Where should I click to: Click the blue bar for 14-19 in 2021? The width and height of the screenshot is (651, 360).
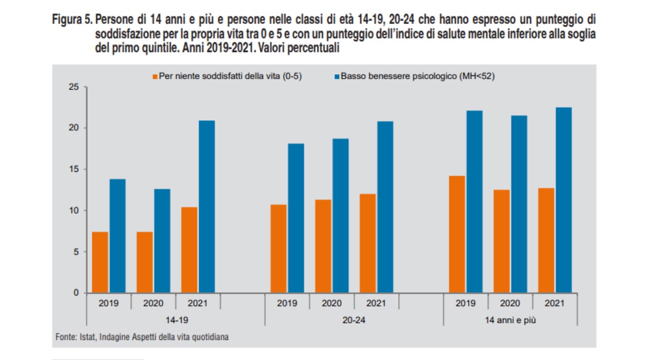pos(207,207)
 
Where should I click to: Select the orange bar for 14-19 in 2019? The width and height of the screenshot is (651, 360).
pos(100,262)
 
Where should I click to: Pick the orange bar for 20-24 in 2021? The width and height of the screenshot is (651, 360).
pos(368,243)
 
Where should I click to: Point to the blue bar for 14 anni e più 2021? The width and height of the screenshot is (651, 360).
pos(564,200)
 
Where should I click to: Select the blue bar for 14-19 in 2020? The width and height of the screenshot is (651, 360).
pos(162,241)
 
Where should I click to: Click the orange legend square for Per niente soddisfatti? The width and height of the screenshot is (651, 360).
pos(155,77)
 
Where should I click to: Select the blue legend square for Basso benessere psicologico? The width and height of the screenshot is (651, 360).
pos(337,77)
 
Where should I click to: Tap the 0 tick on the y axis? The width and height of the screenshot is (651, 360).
pos(76,293)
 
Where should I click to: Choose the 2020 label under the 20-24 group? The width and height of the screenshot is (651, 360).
pos(331,304)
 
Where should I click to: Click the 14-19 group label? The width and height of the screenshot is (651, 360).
pos(154,320)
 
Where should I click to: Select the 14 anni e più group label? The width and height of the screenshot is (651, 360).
pos(510,320)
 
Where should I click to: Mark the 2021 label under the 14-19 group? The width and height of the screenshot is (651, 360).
pos(198,304)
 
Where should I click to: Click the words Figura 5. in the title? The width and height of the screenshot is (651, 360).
pos(72,20)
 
